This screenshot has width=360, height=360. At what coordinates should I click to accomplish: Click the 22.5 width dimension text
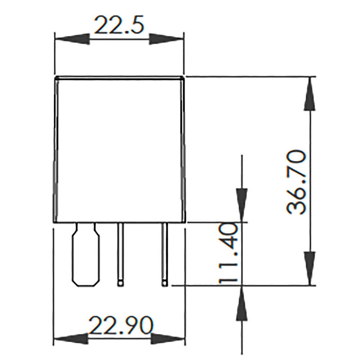[x=119, y=25]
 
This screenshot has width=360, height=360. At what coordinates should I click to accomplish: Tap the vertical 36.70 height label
[x=297, y=183]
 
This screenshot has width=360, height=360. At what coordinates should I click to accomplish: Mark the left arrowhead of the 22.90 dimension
[x=71, y=339]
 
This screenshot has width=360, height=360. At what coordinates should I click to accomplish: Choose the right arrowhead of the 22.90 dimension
[x=168, y=339]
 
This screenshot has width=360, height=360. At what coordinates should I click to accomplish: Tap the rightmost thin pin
[x=165, y=252]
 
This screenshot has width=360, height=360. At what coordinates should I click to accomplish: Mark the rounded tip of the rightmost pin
[x=165, y=283]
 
